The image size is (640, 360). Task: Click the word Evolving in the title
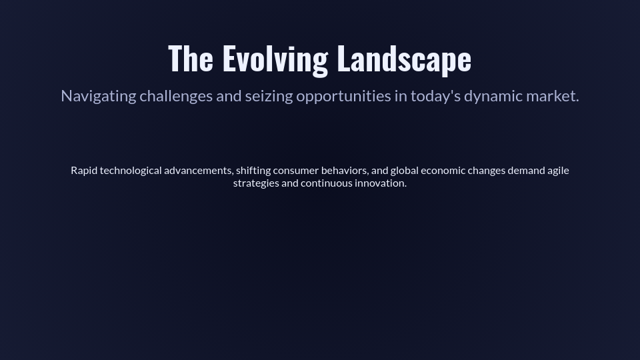tap(275, 59)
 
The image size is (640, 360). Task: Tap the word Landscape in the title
tap(404, 59)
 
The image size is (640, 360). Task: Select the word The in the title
tap(191, 59)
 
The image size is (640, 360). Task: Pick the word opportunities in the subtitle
tap(343, 96)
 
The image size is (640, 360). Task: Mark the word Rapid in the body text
tap(84, 171)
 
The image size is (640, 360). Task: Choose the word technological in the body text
tap(131, 171)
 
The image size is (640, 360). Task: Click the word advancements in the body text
tap(198, 171)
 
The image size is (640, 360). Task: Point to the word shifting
tap(253, 171)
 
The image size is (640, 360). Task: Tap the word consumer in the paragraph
tap(295, 171)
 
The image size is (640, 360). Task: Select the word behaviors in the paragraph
tap(344, 171)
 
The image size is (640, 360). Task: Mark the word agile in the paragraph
tap(558, 171)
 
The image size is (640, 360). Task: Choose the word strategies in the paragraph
tap(256, 183)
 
